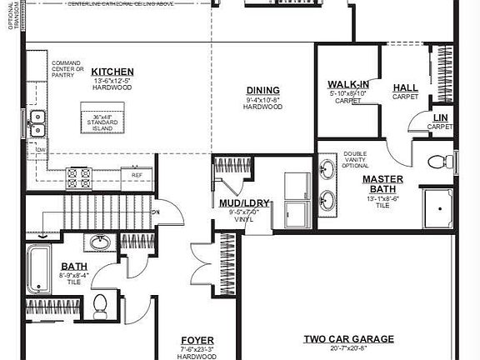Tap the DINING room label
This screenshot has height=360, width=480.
[x=262, y=91]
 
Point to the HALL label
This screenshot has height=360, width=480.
[x=406, y=87]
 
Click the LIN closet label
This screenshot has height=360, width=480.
[x=439, y=118]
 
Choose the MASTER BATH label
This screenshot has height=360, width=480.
[x=382, y=184]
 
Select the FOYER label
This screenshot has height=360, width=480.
[x=197, y=341]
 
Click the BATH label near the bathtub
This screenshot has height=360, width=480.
[x=72, y=267]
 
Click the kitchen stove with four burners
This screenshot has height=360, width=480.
[x=80, y=177]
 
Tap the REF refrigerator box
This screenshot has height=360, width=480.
[x=136, y=177]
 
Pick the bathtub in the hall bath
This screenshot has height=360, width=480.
[x=38, y=269]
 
